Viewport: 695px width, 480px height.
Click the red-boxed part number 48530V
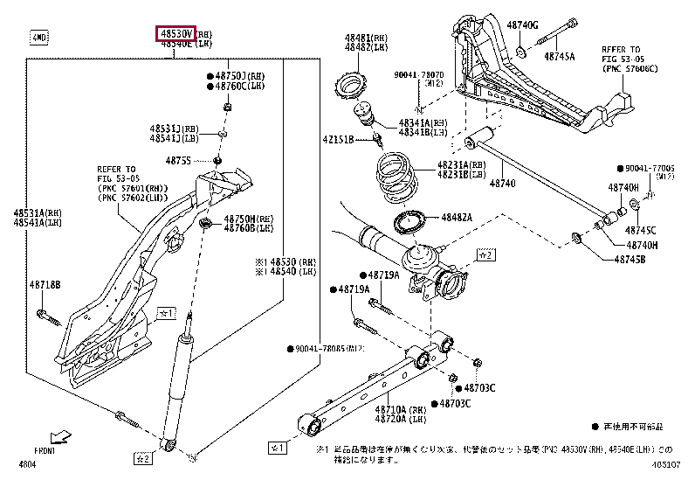pyautogui.click(x=175, y=32)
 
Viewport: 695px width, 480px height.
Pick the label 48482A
pyautogui.click(x=456, y=217)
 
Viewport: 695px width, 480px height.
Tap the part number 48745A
pyautogui.click(x=559, y=56)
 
